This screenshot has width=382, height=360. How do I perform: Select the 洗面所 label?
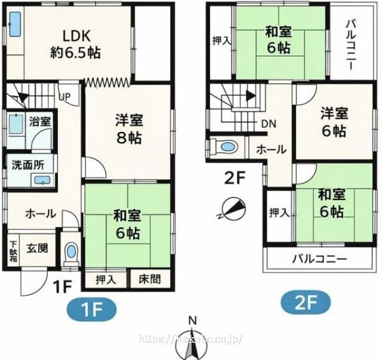pos(28,164)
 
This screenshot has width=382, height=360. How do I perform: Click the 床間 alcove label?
pos(150,279)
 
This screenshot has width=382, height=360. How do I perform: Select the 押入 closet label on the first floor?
pos(106,279)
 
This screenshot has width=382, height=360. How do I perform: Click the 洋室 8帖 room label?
pos(128,127)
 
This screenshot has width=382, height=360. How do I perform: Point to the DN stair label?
pos(268,124)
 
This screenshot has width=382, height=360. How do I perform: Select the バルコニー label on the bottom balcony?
pos(319,260)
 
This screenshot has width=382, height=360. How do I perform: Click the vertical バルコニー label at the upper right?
pos(351,44)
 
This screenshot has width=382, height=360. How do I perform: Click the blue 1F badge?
pos(92,312)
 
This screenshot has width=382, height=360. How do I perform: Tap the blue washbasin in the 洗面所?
pos(43,182)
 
